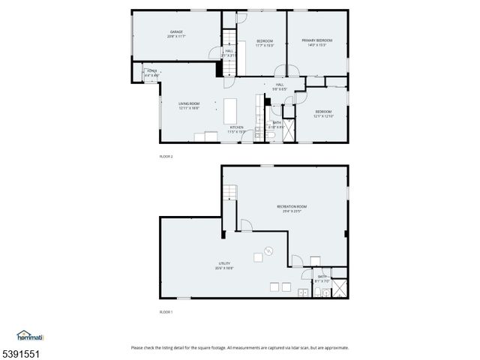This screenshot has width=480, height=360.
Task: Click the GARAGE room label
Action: coord(176,31)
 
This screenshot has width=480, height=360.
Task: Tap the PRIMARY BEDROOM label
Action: coord(316,40)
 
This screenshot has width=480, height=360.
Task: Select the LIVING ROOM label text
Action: coord(189,103)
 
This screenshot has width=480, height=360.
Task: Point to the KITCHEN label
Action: coord(236,127)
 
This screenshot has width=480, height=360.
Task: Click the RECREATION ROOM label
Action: coord(292,206)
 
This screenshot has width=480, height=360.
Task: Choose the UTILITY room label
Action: coord(224,263)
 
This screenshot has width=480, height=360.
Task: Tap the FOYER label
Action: coord(151,71)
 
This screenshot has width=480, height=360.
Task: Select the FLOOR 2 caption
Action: coord(166,156)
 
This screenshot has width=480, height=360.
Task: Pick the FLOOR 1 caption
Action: coord(166,311)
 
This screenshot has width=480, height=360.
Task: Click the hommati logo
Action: coord(30,335)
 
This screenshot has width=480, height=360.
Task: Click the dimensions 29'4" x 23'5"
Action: coord(292,211)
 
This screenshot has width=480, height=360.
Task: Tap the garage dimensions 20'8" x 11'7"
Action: coord(176,36)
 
